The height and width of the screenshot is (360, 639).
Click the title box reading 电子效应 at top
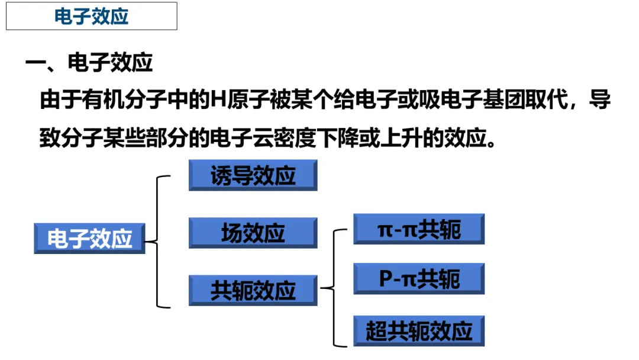point(92,16)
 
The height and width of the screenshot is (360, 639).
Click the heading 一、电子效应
point(89,62)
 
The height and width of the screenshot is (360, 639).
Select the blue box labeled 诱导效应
point(253,175)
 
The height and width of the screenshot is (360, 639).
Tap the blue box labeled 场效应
point(253,233)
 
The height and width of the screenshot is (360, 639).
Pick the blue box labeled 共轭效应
point(253,291)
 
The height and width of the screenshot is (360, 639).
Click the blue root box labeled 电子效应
point(89,239)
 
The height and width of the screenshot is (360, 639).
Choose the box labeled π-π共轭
point(419,229)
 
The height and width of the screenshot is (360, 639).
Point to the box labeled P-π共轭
point(419,279)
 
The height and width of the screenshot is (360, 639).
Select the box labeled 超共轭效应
point(419,331)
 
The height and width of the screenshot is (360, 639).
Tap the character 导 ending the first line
point(600,99)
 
